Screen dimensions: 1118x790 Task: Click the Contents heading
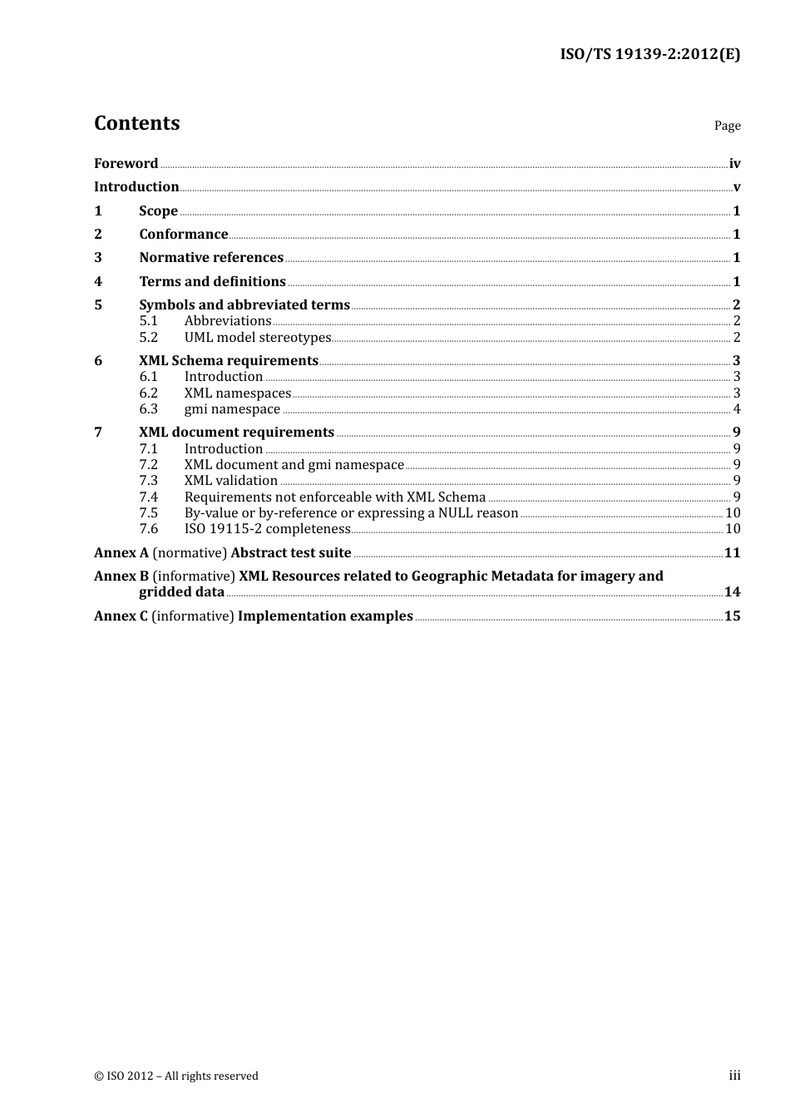point(137,123)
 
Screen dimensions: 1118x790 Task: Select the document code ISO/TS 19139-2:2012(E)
point(649,55)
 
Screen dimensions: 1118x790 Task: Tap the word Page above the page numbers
point(727,126)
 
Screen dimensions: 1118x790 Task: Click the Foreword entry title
point(126,164)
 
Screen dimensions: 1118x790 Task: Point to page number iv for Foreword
point(734,164)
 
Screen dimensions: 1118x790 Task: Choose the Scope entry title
point(158,211)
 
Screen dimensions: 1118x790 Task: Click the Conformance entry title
point(183,235)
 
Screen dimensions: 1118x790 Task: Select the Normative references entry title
point(211,258)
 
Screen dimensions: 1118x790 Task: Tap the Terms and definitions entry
point(212,282)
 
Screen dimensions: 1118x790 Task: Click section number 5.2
point(148,338)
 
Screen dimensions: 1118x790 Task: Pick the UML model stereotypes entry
point(258,338)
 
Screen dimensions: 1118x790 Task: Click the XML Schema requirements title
point(229,361)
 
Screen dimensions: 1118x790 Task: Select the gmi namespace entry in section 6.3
point(232,409)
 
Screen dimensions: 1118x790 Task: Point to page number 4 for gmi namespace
point(737,409)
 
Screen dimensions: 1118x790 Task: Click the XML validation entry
point(231,481)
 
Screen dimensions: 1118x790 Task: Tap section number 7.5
point(148,513)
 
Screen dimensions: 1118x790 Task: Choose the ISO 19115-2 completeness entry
point(267,529)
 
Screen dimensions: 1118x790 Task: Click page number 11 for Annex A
point(732,553)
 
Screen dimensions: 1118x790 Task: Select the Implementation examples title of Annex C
point(325,616)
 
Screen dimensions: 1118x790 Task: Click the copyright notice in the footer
point(176,1076)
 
